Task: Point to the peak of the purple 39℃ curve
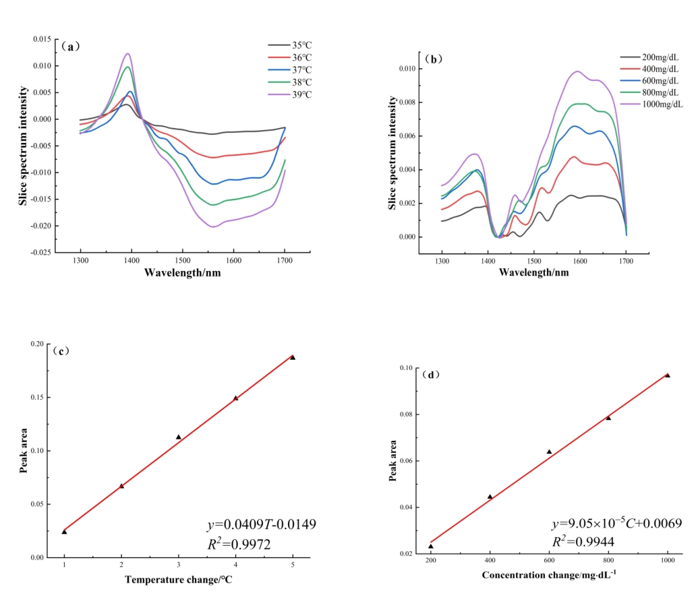[127, 54]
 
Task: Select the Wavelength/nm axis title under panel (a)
[182, 273]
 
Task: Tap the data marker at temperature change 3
[179, 437]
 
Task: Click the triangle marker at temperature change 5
[293, 357]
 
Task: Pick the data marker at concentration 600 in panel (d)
[549, 452]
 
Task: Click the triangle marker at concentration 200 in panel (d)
[431, 546]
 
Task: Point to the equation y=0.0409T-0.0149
[261, 524]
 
